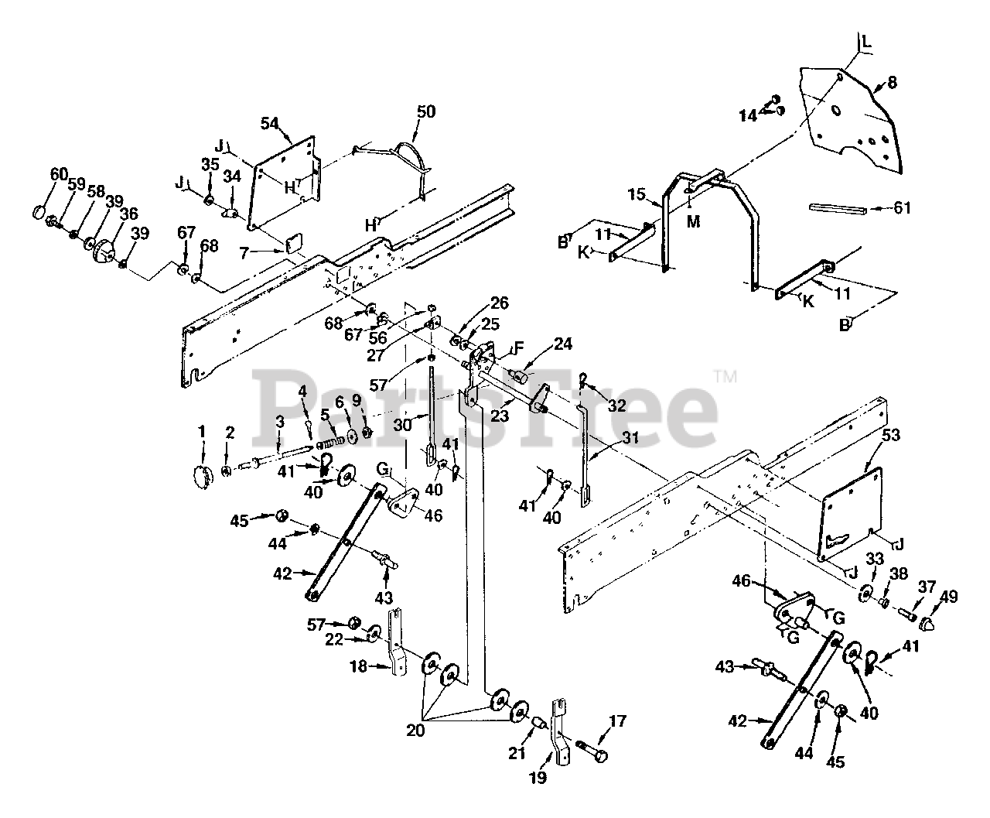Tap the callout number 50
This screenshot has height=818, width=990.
point(425,111)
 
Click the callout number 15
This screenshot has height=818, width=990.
point(635,194)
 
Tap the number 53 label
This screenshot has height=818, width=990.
point(890,436)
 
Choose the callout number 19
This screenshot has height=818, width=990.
point(538,778)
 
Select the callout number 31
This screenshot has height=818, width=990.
point(631,438)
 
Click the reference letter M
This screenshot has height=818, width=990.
point(693,222)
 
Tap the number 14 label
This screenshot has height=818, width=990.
point(747,116)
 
